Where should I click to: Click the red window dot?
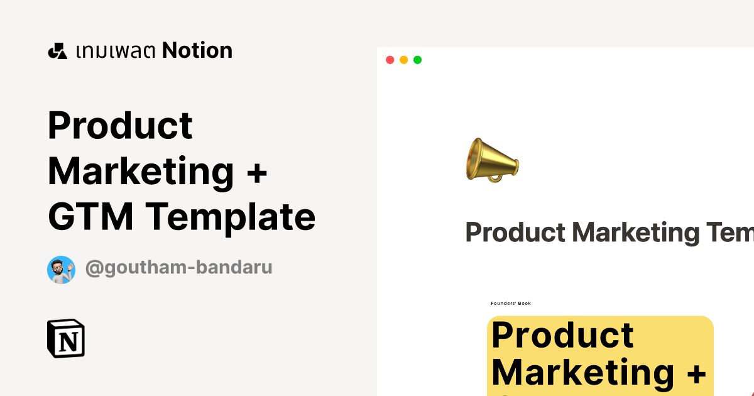390,60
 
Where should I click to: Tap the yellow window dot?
403,60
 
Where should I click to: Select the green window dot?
417,60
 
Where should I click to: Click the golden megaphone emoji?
492,160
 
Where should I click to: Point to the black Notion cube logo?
65,338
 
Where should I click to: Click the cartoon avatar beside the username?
61,270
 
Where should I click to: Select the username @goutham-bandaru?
178,267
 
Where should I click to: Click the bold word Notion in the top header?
197,50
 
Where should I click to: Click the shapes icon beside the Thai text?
57,51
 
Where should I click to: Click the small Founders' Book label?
511,304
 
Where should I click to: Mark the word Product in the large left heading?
120,125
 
